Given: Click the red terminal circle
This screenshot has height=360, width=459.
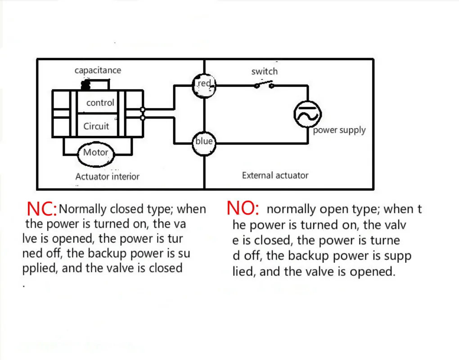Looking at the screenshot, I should [204, 84].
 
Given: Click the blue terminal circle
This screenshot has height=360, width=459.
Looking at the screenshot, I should [204, 142].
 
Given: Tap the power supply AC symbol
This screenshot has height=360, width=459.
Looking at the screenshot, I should [308, 114].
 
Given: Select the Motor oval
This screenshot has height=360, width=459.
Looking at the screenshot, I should [95, 153].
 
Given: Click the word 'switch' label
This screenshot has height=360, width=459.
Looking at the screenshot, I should [264, 72].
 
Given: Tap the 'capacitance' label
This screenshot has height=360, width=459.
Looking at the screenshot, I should [98, 70].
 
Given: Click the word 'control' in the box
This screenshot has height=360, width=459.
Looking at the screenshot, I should [100, 103].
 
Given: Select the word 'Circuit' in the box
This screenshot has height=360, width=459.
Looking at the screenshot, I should [96, 126].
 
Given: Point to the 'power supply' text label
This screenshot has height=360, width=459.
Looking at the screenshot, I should [339, 130].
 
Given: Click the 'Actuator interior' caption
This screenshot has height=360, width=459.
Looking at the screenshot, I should [107, 176].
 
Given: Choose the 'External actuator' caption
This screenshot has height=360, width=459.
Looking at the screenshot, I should [275, 175].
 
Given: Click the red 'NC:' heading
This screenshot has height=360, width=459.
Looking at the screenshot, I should [42, 209].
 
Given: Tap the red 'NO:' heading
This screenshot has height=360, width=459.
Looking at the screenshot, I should [243, 208].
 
